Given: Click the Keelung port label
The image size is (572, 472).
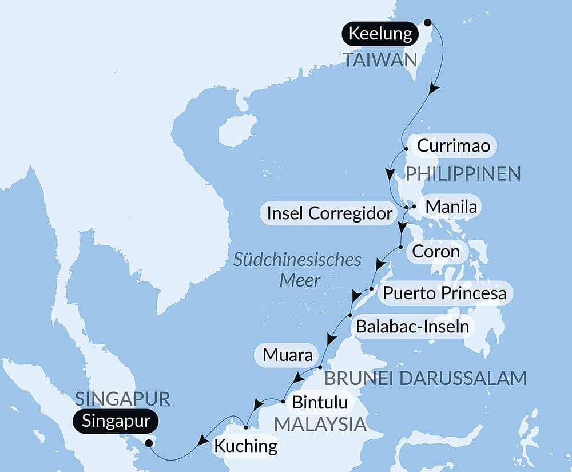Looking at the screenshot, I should (x=380, y=34).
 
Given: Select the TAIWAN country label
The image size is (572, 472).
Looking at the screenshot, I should (x=379, y=60).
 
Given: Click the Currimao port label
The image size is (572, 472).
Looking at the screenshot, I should (x=453, y=146).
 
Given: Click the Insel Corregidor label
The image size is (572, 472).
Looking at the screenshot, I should (x=331, y=213).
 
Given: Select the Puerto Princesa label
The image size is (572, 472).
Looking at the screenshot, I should (x=444, y=293).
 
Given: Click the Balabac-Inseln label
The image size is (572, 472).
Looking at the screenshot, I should (x=412, y=327).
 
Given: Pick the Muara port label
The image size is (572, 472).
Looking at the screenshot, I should (x=288, y=355).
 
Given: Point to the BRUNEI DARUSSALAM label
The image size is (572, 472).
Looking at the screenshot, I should (x=425, y=378).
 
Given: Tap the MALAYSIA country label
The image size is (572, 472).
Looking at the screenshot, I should (x=320, y=424).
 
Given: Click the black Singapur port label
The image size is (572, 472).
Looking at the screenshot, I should (x=116, y=422).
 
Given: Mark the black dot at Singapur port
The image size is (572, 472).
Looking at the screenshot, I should (x=149, y=443).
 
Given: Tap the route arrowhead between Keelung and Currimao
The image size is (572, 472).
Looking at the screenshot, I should (x=435, y=89).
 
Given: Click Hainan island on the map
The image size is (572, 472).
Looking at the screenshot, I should (x=236, y=130).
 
